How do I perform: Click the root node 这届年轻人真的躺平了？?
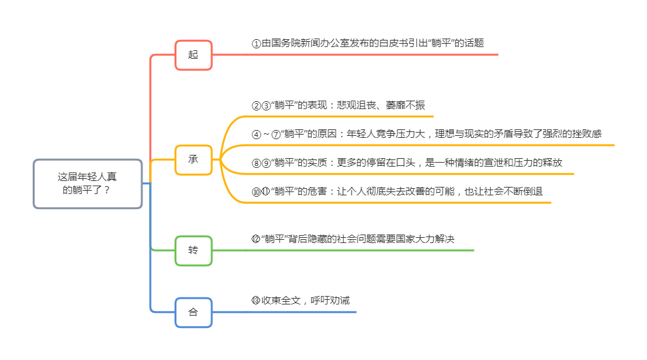88,184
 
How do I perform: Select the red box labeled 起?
193,55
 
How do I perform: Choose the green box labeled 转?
193,250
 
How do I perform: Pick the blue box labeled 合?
193,312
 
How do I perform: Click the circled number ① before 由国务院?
256,44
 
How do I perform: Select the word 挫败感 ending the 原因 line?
586,134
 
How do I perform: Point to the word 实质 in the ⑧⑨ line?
310,163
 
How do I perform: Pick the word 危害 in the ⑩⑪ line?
310,191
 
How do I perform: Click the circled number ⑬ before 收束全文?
256,301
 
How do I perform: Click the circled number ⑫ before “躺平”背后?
256,239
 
